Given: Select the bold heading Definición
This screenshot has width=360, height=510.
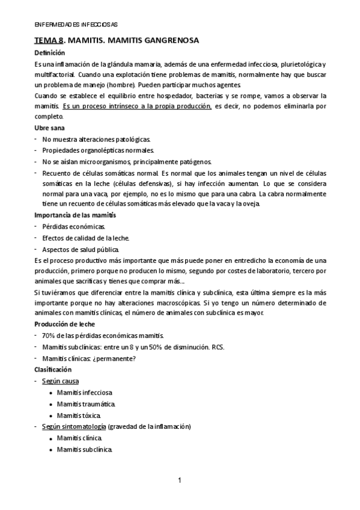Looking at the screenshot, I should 50,53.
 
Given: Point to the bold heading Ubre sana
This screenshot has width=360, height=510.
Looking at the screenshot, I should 50,128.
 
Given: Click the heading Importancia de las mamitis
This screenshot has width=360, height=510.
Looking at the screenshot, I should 75,215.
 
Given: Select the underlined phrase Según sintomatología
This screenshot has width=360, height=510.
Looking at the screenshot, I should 75,426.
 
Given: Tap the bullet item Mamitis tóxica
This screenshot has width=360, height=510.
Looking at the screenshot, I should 79,415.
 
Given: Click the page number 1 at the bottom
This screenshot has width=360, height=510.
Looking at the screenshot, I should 180,480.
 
